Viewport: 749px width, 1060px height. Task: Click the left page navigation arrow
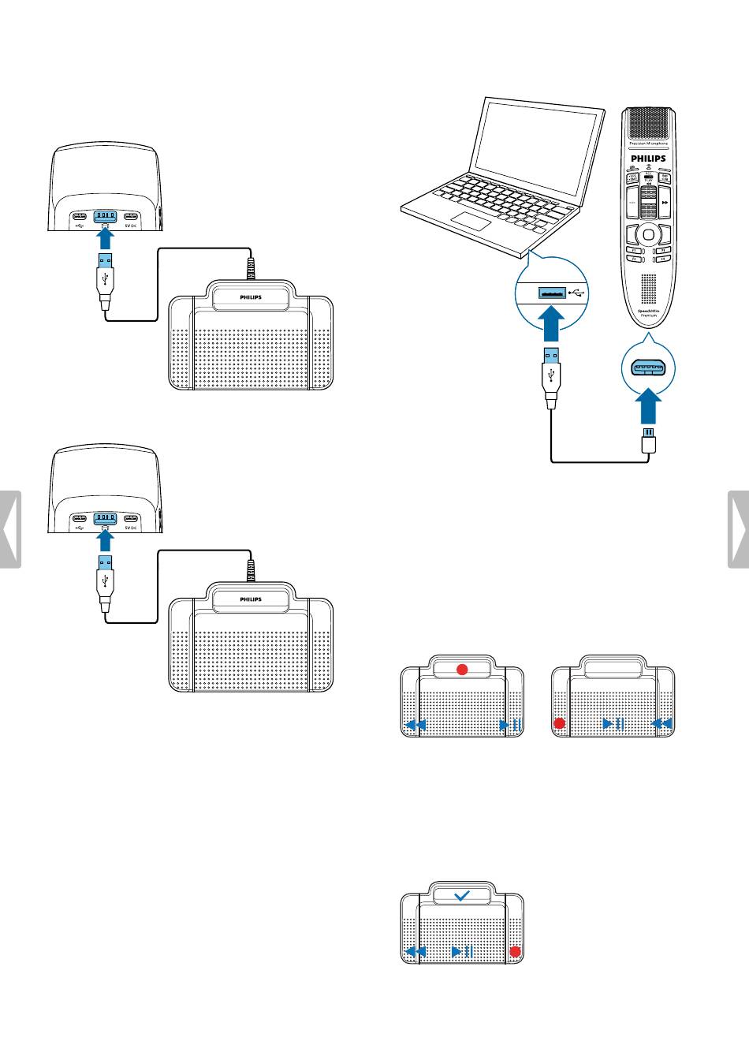[10, 528]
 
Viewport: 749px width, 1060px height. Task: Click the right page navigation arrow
[739, 528]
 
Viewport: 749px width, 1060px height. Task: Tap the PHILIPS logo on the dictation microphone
[647, 159]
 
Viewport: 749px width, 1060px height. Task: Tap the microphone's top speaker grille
[648, 123]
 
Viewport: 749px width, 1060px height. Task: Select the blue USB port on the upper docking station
[105, 217]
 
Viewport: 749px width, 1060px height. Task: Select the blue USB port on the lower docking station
[105, 519]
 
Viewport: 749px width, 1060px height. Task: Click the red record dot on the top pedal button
[463, 669]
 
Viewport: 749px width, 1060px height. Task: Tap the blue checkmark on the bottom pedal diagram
[463, 896]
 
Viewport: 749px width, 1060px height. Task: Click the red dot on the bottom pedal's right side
[515, 952]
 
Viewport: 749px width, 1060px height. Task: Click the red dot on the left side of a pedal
[560, 723]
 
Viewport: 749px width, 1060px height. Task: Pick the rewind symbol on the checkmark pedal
[415, 952]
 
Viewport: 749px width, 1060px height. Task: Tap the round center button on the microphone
[647, 233]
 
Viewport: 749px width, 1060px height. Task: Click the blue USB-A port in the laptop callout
[551, 293]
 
